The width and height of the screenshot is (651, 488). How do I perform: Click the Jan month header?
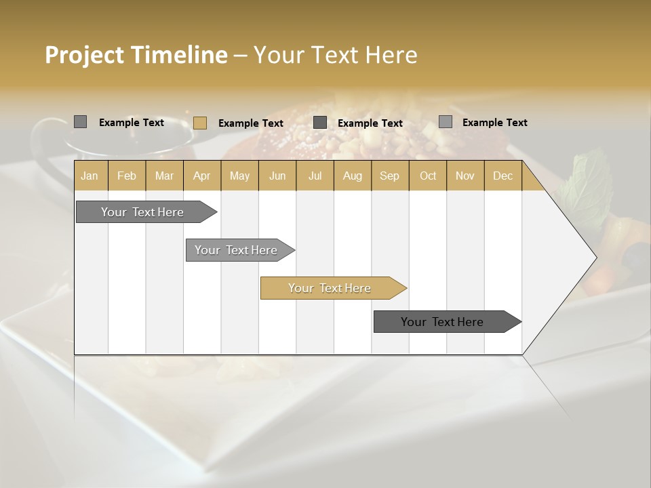[x=90, y=176]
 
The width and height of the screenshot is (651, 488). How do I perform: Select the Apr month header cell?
[x=201, y=176]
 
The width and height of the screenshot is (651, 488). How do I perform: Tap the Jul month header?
[x=315, y=176]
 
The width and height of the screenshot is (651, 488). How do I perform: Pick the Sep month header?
[x=389, y=176]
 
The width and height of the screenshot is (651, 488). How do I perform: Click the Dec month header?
[x=502, y=176]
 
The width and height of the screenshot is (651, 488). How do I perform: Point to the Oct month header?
[x=427, y=176]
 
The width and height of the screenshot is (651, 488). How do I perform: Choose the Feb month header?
[x=127, y=176]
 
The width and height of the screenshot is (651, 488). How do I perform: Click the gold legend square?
[x=199, y=123]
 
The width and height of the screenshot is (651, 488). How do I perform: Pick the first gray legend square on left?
[x=80, y=122]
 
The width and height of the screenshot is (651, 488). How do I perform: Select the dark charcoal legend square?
[x=320, y=123]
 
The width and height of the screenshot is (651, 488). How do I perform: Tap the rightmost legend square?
[x=445, y=122]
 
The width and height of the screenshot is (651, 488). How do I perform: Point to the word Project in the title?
[x=84, y=55]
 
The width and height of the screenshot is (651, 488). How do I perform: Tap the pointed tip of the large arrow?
[x=595, y=258]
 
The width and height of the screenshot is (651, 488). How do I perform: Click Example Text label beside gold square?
[x=250, y=123]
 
